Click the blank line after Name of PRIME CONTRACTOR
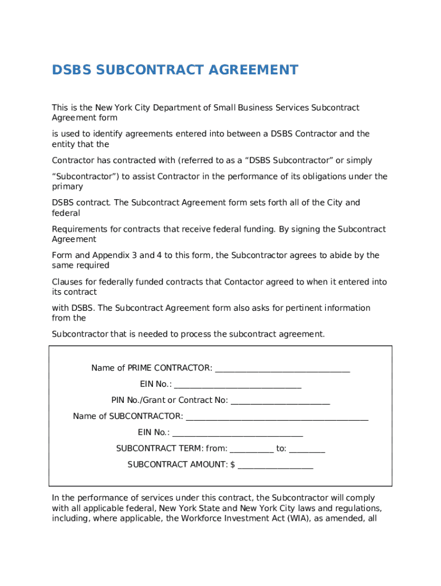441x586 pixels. point(282,369)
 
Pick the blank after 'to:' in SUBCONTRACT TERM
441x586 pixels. point(307,449)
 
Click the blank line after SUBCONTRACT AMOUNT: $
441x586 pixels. point(275,465)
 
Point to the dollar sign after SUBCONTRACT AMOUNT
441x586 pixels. point(233,465)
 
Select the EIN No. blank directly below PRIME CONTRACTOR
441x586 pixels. point(238,385)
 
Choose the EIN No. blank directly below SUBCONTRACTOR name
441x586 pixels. point(237,433)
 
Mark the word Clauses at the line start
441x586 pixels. point(67,282)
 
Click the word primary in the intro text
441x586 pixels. point(67,187)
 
